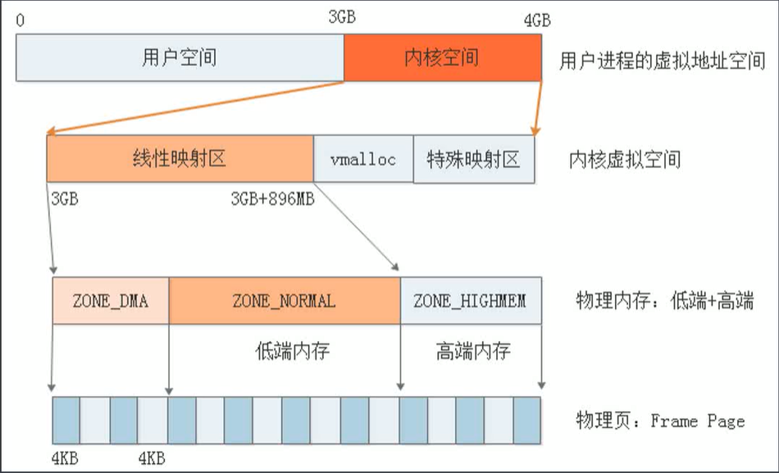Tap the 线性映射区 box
(x=180, y=159)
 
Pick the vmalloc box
(x=362, y=159)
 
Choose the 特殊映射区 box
(x=473, y=159)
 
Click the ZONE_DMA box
(x=111, y=301)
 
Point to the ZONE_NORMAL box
(x=284, y=301)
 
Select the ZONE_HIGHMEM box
(x=470, y=301)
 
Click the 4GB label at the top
(x=537, y=20)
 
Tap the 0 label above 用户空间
(x=20, y=20)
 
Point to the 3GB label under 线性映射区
(x=65, y=199)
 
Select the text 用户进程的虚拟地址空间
(x=662, y=62)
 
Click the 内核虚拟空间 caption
(x=625, y=159)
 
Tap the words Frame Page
(x=698, y=421)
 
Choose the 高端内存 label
(x=473, y=352)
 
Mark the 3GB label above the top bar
(x=341, y=17)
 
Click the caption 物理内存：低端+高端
(x=665, y=301)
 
